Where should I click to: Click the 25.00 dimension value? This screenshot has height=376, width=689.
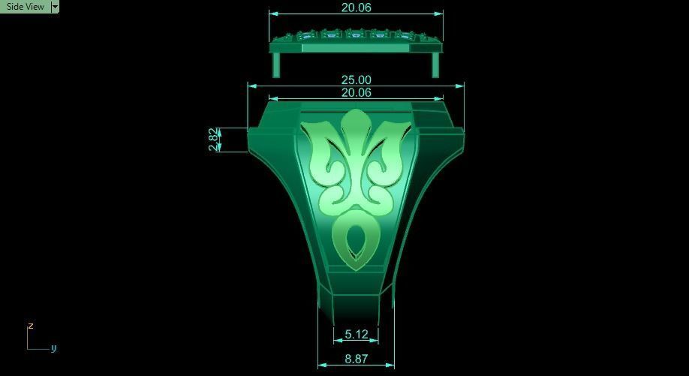[x=356, y=80]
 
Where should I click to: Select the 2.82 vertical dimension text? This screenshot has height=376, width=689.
[x=214, y=139]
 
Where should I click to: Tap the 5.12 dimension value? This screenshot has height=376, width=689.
[x=356, y=334]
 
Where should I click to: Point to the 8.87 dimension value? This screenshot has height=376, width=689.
[x=356, y=359]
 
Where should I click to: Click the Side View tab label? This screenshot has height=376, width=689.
[x=25, y=6]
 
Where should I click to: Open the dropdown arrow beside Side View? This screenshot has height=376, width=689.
[x=54, y=6]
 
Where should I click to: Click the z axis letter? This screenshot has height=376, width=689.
[x=31, y=326]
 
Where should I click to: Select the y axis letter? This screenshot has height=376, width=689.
[x=54, y=348]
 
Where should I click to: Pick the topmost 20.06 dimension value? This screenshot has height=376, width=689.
[x=356, y=8]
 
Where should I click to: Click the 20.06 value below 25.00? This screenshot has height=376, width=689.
[x=356, y=92]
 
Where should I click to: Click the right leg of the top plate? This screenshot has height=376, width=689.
[x=435, y=65]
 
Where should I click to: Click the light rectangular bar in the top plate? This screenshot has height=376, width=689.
[x=355, y=47]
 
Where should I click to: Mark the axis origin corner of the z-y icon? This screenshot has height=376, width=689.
[x=29, y=348]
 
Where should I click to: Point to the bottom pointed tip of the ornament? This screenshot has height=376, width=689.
[x=355, y=267]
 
